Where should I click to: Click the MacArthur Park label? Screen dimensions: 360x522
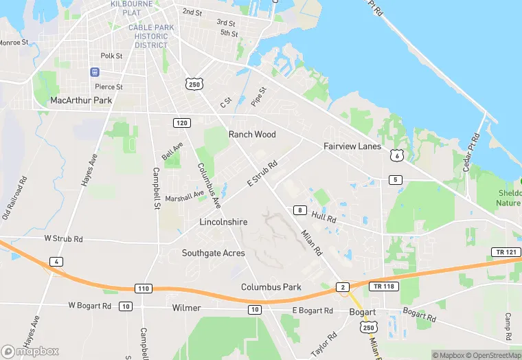coord(81,100)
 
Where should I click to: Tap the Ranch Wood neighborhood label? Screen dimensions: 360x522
coord(252,134)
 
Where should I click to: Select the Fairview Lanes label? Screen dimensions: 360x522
coord(352,146)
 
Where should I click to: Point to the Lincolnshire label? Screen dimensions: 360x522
coord(223,223)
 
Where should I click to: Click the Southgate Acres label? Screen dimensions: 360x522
coord(213,253)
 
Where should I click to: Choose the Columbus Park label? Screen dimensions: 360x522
coord(271,286)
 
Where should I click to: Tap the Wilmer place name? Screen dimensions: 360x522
coord(186,308)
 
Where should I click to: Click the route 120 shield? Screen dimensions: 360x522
coord(181,122)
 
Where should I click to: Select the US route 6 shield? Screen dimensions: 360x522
coord(396,155)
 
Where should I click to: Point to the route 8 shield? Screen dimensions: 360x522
coord(299,210)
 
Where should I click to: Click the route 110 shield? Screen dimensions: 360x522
coord(143,288)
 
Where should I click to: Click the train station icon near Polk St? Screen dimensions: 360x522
coord(95,72)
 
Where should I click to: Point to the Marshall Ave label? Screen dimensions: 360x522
coord(184,196)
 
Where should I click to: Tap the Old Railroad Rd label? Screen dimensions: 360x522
coord(14,199)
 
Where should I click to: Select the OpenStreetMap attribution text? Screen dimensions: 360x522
coord(493,355)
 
